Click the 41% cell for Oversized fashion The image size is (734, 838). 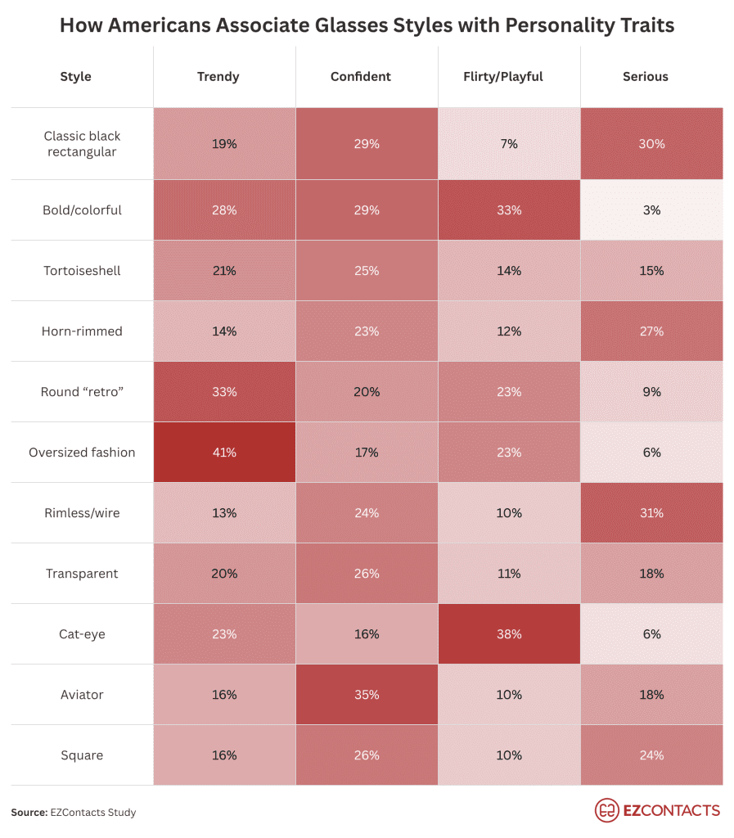click(224, 453)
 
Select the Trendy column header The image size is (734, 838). click(218, 77)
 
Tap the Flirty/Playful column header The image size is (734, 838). click(508, 77)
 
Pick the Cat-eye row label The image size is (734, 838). click(82, 634)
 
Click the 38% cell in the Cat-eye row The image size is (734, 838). click(508, 634)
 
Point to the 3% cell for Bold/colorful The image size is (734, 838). click(651, 210)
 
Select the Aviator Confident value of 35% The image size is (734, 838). click(367, 695)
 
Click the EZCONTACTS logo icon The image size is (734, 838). click(606, 810)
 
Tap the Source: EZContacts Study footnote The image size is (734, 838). click(74, 813)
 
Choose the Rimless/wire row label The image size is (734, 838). click(82, 513)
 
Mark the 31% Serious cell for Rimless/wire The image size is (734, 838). click(651, 513)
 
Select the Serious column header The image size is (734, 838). click(645, 77)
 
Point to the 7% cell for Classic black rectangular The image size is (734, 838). click(508, 144)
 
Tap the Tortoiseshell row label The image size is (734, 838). click(82, 271)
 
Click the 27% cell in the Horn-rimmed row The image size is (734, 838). click(651, 331)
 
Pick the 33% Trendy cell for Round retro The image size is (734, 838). click(224, 392)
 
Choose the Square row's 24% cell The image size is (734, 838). click(651, 755)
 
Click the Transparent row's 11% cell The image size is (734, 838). click(508, 574)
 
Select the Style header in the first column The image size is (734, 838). click(76, 77)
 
